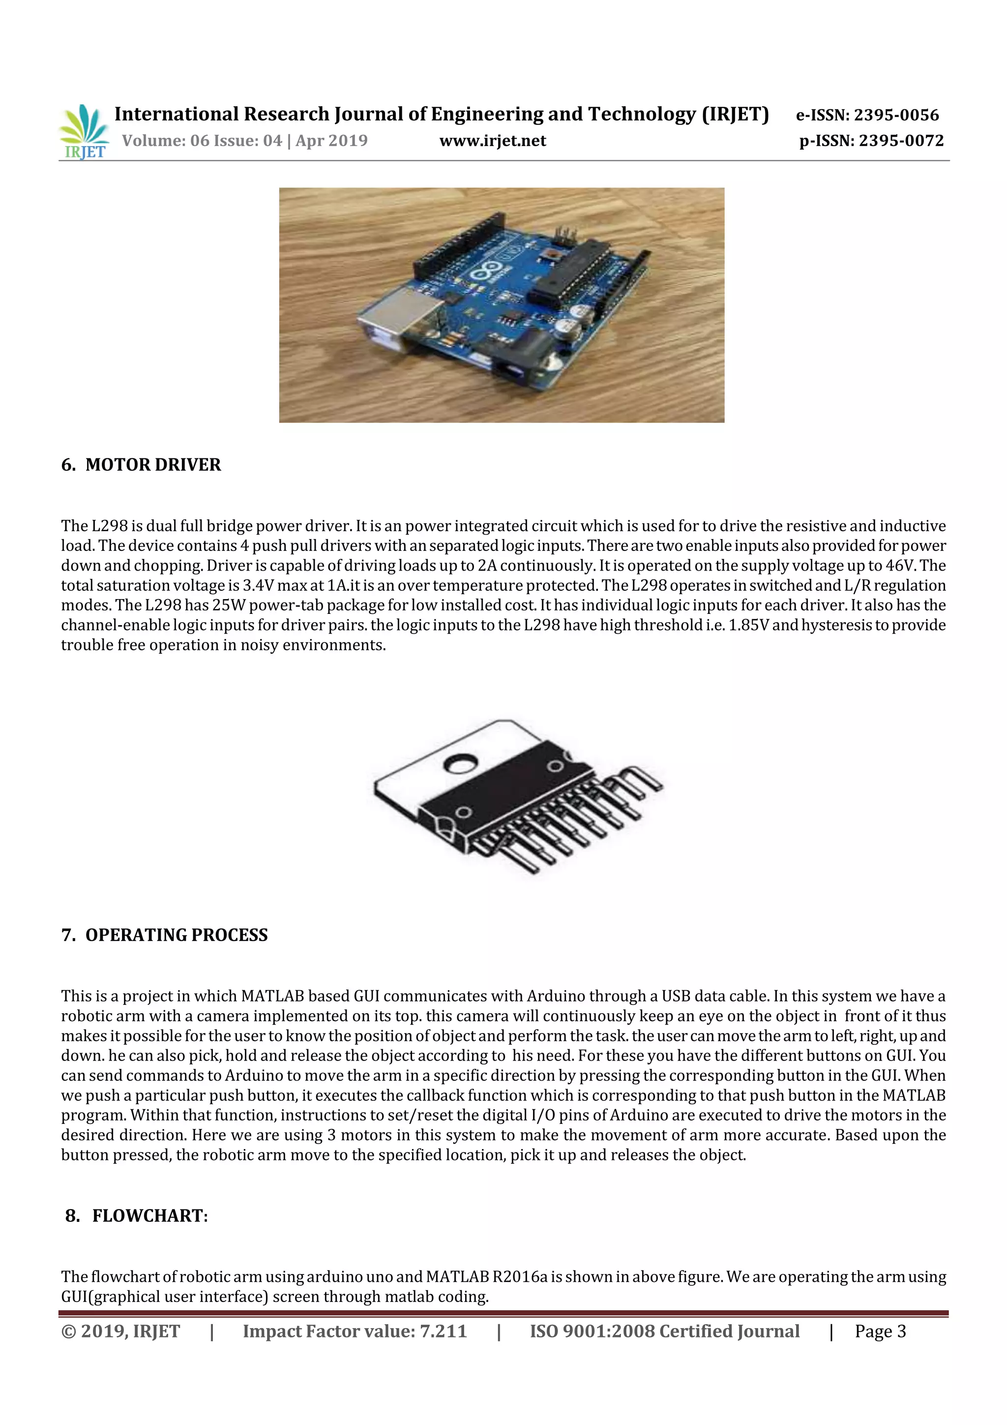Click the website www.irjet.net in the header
[x=493, y=141]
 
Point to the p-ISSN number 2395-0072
[x=901, y=141]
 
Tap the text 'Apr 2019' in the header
[x=331, y=141]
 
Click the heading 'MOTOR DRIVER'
[x=152, y=465]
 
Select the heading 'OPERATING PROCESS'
[x=176, y=935]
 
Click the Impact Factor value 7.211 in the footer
[x=443, y=1331]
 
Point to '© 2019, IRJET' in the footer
[x=120, y=1331]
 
